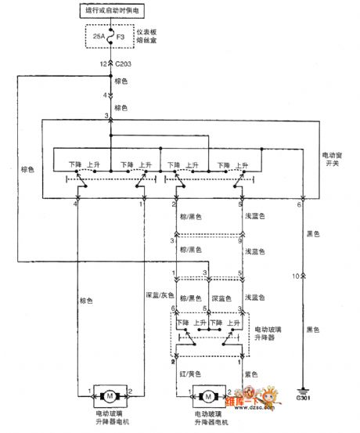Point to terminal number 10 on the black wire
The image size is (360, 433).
pyautogui.click(x=293, y=276)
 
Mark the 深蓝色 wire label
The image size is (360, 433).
pyautogui.click(x=223, y=298)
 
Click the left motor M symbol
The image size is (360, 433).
pyautogui.click(x=110, y=392)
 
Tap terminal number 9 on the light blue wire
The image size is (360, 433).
pyautogui.click(x=241, y=242)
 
